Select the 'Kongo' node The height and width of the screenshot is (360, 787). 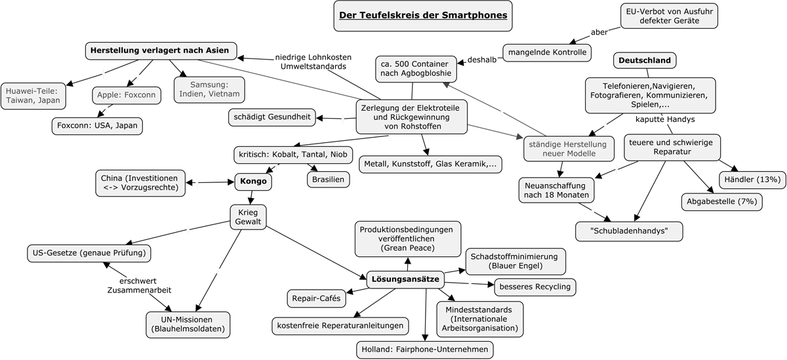(x=253, y=182)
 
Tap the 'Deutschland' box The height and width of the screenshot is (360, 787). (x=645, y=61)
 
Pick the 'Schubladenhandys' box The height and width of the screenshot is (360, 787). (x=629, y=231)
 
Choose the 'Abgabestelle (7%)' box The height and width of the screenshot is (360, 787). (x=721, y=202)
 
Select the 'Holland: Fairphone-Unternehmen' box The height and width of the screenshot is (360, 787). (x=425, y=350)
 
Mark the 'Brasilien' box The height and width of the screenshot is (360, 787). (x=328, y=179)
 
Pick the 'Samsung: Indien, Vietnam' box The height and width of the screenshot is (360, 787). (x=209, y=89)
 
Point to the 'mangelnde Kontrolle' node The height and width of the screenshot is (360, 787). (x=547, y=52)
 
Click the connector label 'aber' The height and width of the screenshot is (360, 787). (x=599, y=31)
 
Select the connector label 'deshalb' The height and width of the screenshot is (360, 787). (x=482, y=60)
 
